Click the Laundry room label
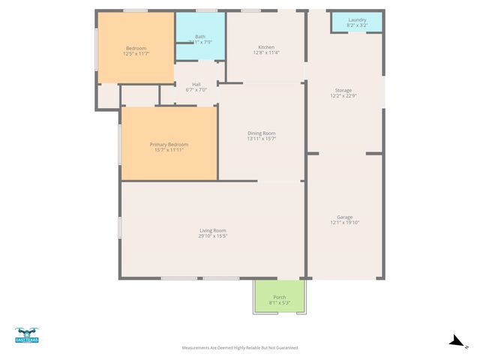click(357, 19)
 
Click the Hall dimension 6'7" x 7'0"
click(196, 90)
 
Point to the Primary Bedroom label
click(169, 144)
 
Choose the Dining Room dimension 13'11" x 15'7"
click(262, 138)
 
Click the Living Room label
click(212, 230)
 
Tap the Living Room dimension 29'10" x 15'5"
click(212, 236)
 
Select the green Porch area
click(280, 295)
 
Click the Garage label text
click(344, 217)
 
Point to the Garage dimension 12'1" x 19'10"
click(344, 223)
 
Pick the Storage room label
click(343, 90)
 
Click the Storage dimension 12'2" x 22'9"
click(343, 96)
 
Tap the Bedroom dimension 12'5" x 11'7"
click(136, 54)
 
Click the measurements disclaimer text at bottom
click(240, 348)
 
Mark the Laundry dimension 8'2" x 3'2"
click(357, 25)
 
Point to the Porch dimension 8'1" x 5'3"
click(280, 303)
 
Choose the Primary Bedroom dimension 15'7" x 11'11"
click(169, 150)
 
